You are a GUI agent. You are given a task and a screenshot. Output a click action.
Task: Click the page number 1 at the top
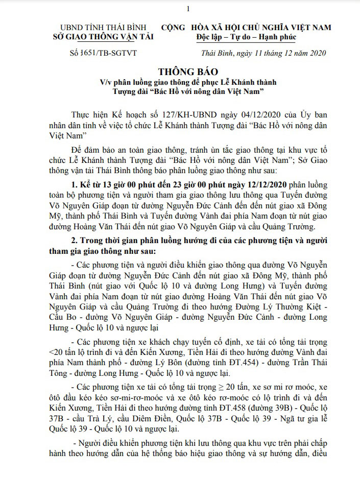pyautogui.click(x=188, y=9)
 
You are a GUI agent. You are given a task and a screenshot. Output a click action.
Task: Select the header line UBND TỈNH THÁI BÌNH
pyautogui.click(x=103, y=28)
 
